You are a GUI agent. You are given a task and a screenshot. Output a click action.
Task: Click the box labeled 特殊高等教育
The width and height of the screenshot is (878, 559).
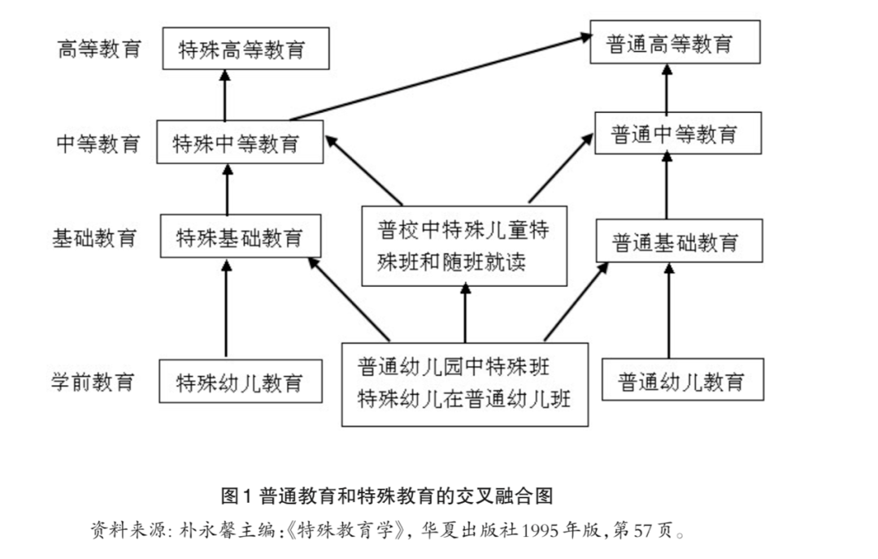(245, 49)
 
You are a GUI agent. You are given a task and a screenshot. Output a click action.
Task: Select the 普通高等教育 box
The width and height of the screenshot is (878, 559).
(674, 43)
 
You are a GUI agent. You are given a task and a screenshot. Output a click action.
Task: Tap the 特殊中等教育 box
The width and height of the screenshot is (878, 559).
(239, 144)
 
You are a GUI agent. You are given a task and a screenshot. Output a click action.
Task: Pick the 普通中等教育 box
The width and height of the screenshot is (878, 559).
(677, 133)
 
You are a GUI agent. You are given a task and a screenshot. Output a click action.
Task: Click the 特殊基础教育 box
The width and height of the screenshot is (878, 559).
(240, 237)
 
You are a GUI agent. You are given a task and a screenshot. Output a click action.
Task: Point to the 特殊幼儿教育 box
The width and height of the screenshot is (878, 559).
(241, 381)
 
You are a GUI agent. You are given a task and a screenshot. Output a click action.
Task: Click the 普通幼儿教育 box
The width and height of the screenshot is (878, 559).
(682, 379)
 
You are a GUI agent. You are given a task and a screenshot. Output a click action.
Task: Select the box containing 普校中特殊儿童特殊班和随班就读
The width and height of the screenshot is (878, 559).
(464, 245)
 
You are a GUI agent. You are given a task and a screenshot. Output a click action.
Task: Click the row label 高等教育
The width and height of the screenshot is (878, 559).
(98, 49)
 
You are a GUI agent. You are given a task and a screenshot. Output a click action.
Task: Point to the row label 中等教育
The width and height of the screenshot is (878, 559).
(98, 144)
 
